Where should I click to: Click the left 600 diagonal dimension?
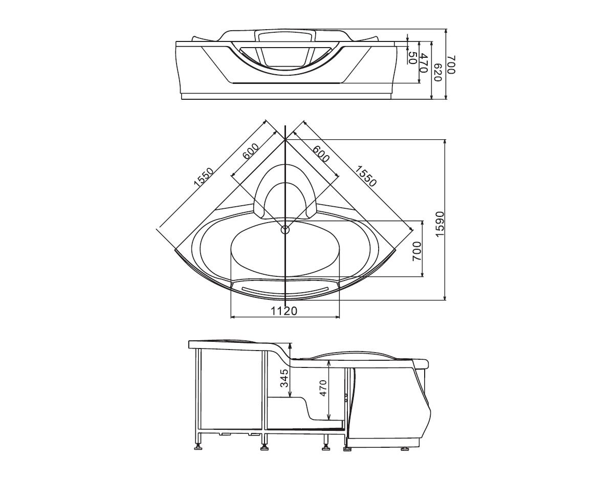251,152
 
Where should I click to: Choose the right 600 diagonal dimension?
321,153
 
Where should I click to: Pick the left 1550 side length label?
203,177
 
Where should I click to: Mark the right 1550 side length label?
366,176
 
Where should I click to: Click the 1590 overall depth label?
439,224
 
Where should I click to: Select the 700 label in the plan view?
417,251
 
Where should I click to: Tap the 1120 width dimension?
284,310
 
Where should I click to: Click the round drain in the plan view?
285,230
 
